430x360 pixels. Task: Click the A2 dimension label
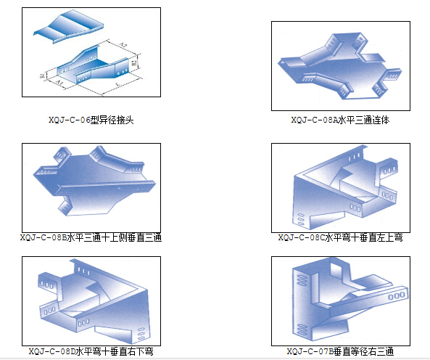tap(124, 45)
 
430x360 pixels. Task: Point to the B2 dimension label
tap(134, 62)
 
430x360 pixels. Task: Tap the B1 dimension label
tap(43, 75)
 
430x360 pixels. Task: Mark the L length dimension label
tap(118, 84)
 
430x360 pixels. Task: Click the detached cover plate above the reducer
tap(69, 26)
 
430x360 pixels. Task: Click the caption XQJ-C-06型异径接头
tap(91, 120)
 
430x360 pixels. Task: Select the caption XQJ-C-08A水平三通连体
tap(340, 120)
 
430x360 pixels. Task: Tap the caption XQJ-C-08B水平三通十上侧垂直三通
tap(91, 237)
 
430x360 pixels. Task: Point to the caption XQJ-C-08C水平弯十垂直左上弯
tap(340, 237)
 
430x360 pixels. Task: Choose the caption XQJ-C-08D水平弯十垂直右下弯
tap(91, 351)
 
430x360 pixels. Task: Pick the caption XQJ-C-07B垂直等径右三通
tap(340, 351)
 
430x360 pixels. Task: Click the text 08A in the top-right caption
tap(330, 120)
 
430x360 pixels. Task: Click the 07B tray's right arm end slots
tap(397, 296)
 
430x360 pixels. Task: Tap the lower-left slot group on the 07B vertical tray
tap(302, 330)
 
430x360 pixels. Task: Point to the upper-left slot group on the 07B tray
tap(302, 280)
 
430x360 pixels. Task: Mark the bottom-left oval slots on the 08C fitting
tap(301, 219)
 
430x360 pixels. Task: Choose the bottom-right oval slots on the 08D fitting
tap(141, 334)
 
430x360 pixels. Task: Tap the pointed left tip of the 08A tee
tap(278, 63)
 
